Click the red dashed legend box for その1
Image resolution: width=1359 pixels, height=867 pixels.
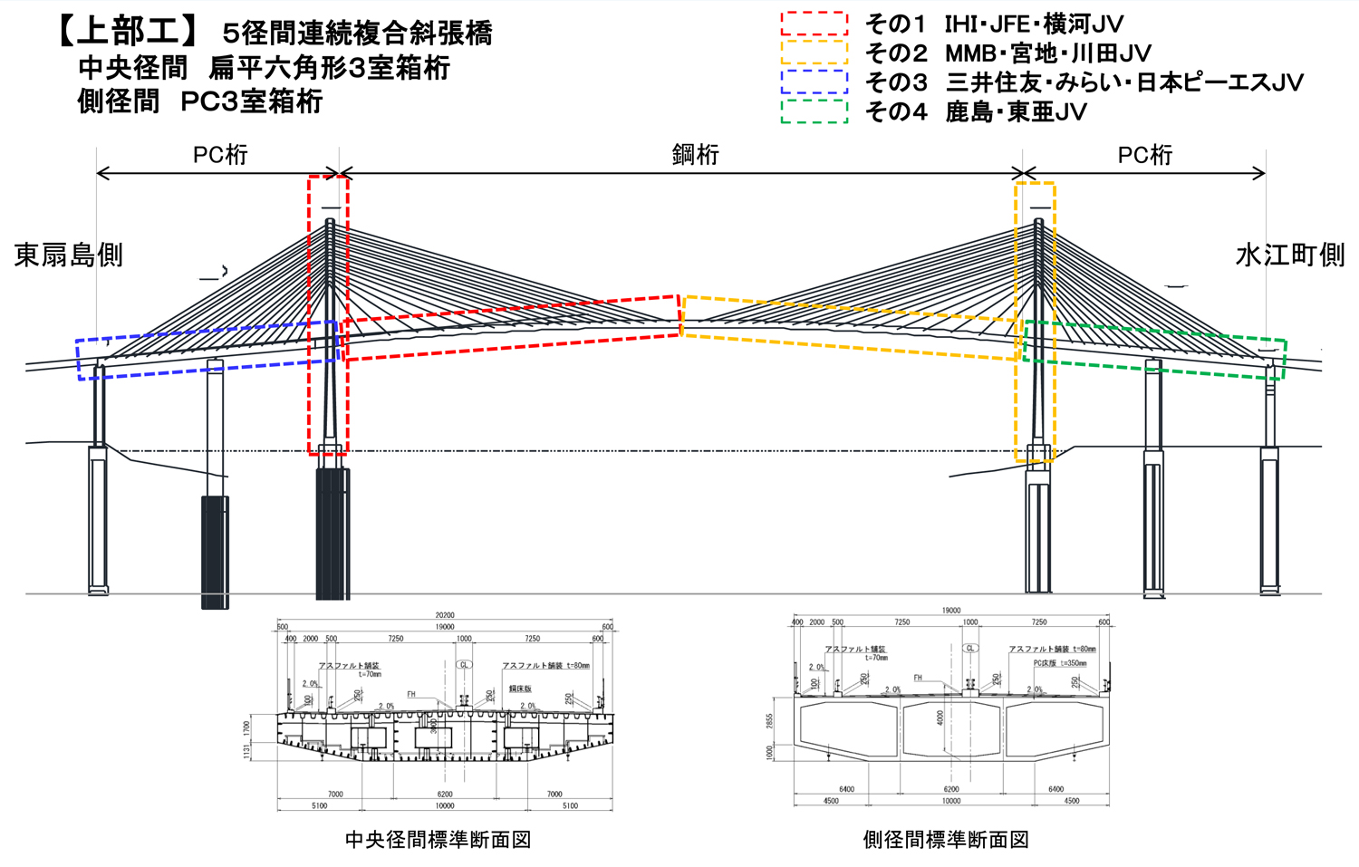[x=814, y=24]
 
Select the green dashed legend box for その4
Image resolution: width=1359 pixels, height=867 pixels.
[x=814, y=111]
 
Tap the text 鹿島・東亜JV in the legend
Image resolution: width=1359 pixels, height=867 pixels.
[x=1016, y=112]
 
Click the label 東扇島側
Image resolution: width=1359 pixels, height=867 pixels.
[x=68, y=255]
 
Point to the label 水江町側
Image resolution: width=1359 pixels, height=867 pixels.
[x=1289, y=255]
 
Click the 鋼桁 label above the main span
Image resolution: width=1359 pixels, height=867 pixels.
[x=695, y=155]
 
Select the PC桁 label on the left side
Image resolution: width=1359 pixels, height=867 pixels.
[x=220, y=155]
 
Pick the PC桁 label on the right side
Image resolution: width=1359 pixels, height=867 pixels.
[x=1144, y=155]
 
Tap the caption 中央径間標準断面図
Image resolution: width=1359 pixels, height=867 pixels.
[x=438, y=840]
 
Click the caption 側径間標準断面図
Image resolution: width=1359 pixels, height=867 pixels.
[x=946, y=840]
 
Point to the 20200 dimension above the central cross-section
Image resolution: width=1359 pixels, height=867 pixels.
[x=444, y=615]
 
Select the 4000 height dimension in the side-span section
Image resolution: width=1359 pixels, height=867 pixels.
[x=940, y=718]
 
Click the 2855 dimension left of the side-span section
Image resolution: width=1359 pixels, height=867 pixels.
[x=770, y=721]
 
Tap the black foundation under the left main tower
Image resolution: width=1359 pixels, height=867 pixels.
[x=332, y=535]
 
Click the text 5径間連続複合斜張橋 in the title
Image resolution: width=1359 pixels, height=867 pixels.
[x=357, y=34]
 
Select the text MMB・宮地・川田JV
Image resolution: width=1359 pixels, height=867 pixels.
[x=1047, y=53]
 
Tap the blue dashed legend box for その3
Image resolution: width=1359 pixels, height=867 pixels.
[x=814, y=82]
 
